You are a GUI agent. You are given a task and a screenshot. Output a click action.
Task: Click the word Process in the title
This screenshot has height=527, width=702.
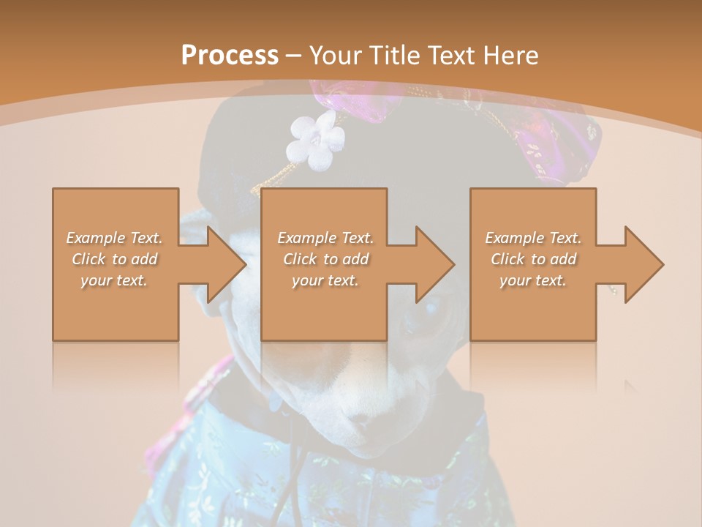click(230, 56)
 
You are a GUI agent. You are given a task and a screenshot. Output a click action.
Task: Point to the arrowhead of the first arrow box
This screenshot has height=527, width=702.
click(227, 264)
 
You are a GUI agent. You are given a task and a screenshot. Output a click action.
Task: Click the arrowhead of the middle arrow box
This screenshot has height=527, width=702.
click(436, 264)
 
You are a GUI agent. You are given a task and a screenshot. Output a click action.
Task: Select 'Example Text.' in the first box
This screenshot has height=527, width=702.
click(114, 238)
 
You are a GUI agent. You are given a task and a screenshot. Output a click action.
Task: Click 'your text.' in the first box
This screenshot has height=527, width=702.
click(114, 280)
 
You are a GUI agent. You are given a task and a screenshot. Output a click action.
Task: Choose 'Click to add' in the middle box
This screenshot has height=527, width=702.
click(325, 259)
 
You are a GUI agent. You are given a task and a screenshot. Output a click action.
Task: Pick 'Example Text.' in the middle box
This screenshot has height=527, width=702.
click(325, 238)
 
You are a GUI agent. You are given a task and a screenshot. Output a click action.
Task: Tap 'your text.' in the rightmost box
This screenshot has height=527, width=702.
click(533, 280)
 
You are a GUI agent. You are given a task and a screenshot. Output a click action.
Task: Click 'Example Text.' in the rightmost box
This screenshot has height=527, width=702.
click(533, 238)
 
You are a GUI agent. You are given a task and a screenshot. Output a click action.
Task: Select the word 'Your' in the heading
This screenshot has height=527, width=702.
click(335, 56)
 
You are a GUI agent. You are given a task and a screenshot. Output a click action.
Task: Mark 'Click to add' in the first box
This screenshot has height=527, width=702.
click(114, 259)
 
